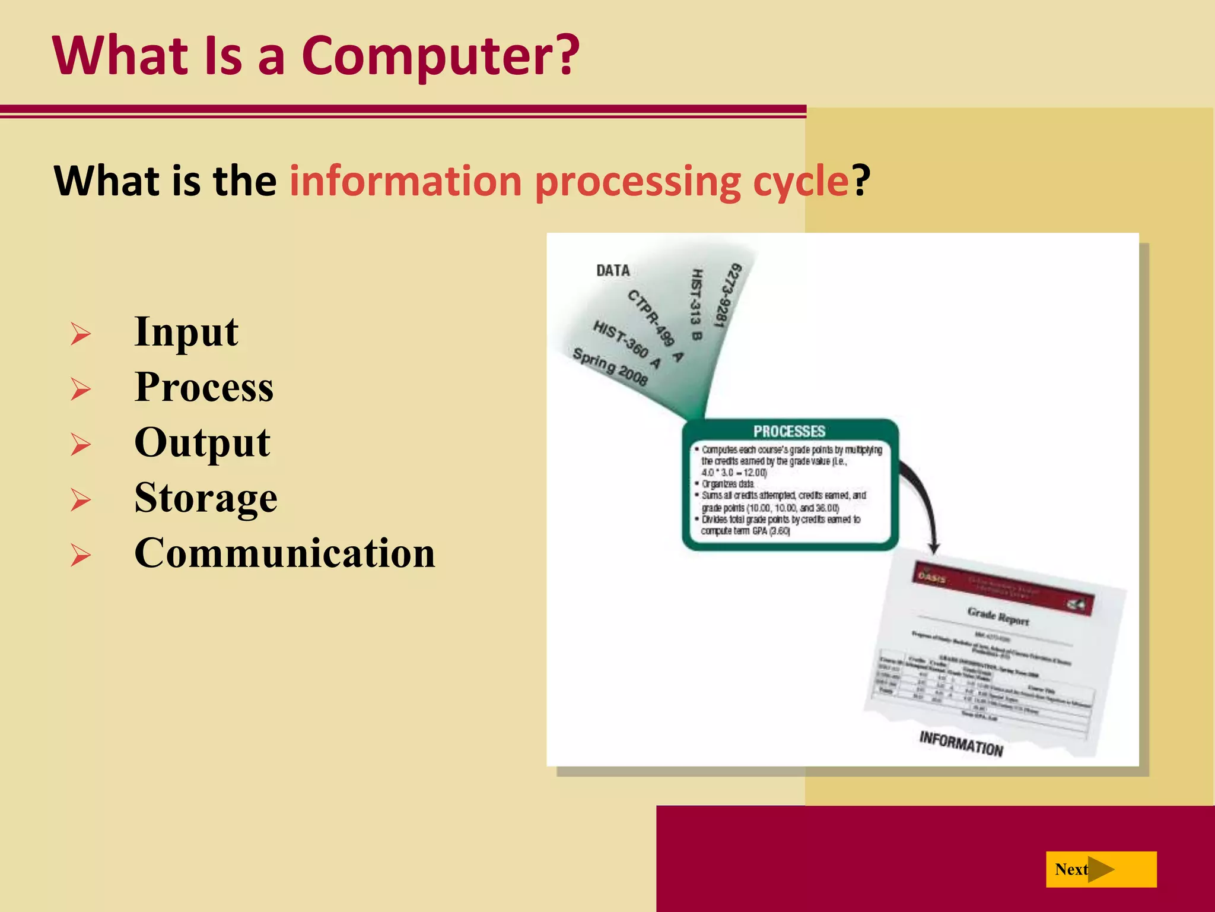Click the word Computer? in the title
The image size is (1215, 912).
440,56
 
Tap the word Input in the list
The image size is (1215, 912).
186,332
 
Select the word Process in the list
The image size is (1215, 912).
203,387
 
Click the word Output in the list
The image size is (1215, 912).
202,443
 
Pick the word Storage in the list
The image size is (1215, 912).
205,498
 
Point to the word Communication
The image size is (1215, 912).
285,553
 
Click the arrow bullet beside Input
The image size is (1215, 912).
81,334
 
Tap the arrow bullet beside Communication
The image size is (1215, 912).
81,555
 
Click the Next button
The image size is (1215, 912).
1101,869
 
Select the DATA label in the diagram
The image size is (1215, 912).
613,271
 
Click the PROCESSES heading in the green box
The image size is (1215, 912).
789,432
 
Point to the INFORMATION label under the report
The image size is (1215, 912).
960,744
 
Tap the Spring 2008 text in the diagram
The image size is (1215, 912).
609,366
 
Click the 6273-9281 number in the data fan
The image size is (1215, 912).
727,295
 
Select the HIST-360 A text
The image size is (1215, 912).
626,344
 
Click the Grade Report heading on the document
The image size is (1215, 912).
998,616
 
